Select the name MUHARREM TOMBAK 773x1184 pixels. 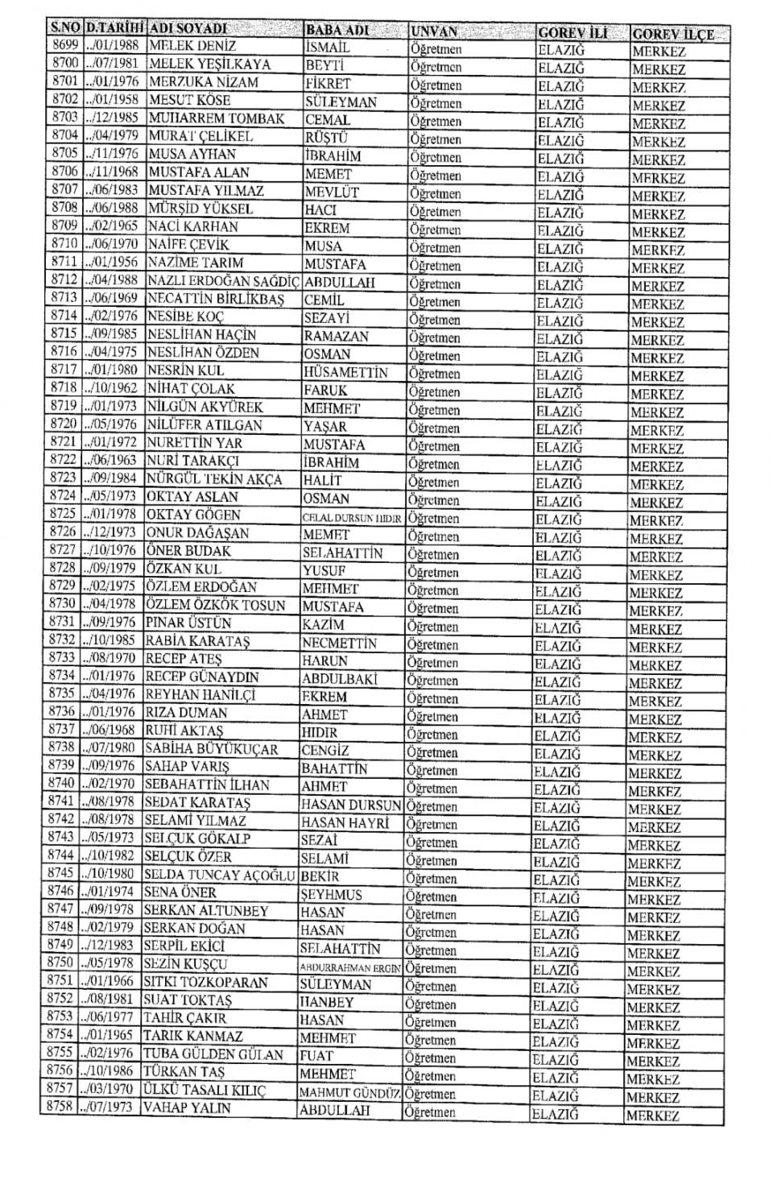pyautogui.click(x=217, y=118)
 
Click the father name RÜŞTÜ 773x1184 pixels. pyautogui.click(x=326, y=138)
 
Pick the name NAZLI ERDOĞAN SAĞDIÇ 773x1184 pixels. pyautogui.click(x=223, y=281)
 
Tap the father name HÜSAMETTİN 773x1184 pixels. pyautogui.click(x=345, y=372)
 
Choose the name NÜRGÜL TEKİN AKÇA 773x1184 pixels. pyautogui.click(x=214, y=479)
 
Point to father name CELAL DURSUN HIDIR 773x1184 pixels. pyautogui.click(x=351, y=518)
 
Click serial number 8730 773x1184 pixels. pyautogui.click(x=62, y=604)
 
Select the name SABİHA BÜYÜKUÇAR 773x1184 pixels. pyautogui.click(x=211, y=749)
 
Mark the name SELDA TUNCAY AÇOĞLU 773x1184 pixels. pyautogui.click(x=220, y=875)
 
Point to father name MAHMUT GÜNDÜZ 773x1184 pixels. pyautogui.click(x=349, y=1093)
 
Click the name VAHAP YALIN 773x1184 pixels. pyautogui.click(x=187, y=1108)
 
